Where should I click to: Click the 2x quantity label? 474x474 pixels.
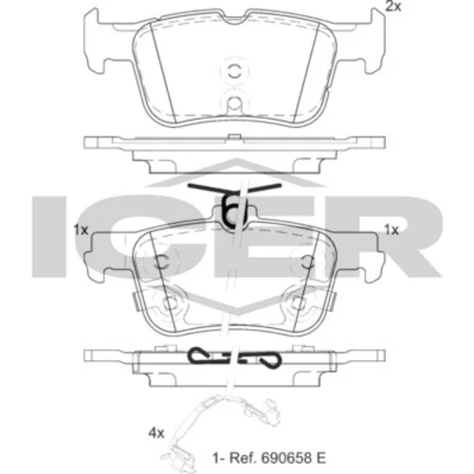pyautogui.click(x=393, y=6)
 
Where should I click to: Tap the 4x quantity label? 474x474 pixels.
pyautogui.click(x=156, y=433)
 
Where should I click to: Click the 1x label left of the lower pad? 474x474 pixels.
pyautogui.click(x=81, y=230)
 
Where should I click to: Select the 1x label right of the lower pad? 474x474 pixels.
pyautogui.click(x=392, y=230)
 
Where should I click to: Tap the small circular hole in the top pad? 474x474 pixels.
pyautogui.click(x=234, y=103)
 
